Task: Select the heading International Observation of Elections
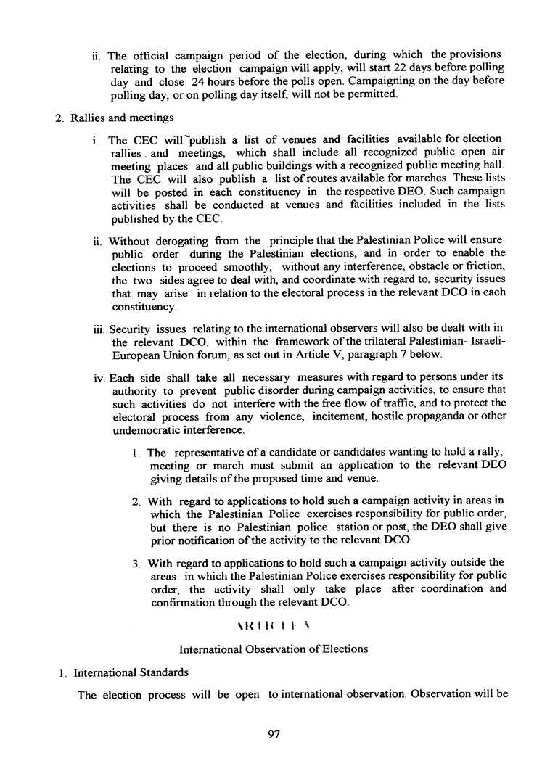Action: pos(273,649)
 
